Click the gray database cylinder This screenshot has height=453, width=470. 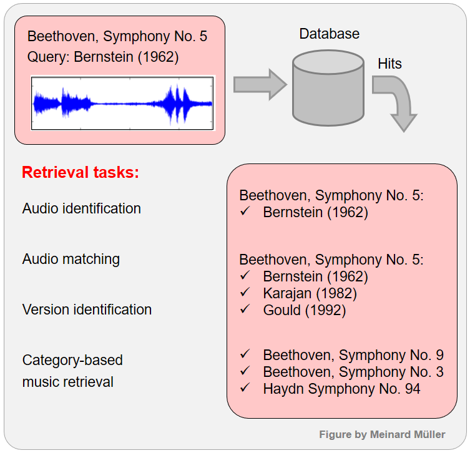click(328, 89)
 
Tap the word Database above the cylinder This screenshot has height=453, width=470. click(330, 34)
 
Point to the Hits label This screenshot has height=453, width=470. click(389, 64)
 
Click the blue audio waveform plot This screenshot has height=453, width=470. click(123, 103)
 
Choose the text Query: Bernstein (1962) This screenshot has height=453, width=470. click(103, 57)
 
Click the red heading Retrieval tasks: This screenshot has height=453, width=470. click(81, 173)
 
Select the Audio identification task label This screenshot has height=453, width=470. click(82, 208)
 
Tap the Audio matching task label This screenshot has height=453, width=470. click(71, 259)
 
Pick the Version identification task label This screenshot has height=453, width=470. click(87, 309)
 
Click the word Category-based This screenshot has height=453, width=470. click(72, 360)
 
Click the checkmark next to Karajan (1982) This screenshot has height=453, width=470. click(245, 292)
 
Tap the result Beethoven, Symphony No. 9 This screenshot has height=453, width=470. click(353, 355)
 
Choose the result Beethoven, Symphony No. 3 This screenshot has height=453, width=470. click(353, 372)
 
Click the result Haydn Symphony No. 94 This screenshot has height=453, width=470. click(341, 389)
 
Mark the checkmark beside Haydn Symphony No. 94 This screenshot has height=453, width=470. click(245, 388)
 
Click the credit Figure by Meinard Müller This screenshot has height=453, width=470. click(382, 434)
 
